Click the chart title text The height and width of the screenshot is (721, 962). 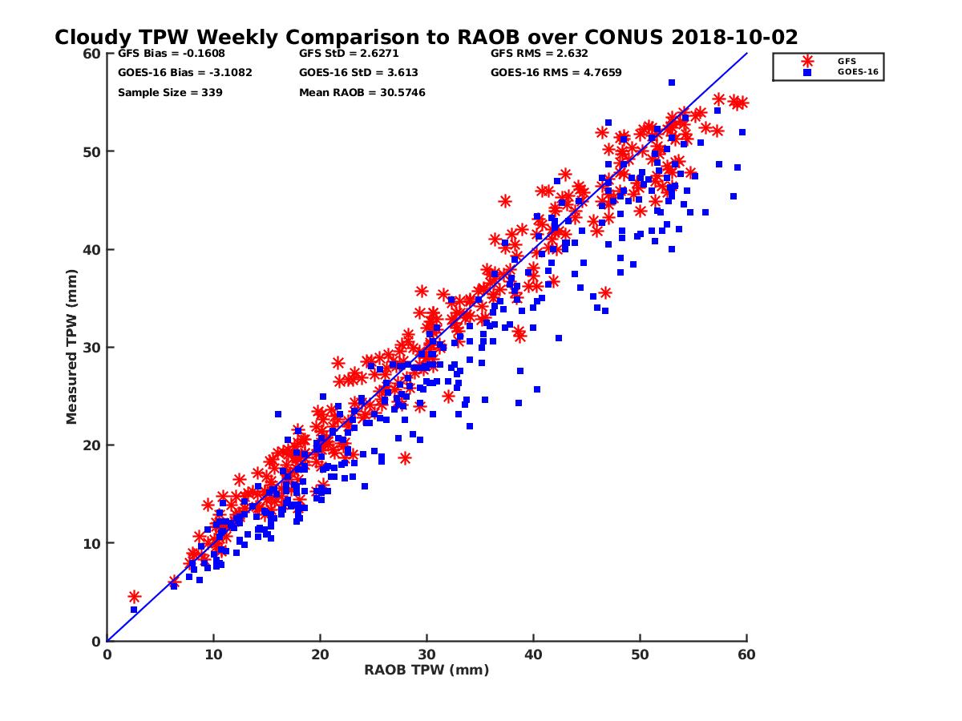[426, 38]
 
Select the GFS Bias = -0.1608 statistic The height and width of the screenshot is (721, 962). [171, 54]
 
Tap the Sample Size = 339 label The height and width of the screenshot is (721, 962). [170, 92]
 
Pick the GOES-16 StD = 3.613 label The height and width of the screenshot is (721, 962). [358, 72]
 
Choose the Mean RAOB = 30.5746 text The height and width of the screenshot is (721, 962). [362, 92]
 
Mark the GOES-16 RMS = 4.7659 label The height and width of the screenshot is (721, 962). [556, 72]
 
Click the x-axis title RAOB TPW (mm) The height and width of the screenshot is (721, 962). [426, 670]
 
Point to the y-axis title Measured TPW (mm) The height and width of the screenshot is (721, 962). [72, 347]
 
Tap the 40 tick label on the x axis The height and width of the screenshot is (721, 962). [534, 655]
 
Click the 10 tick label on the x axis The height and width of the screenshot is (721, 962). [213, 655]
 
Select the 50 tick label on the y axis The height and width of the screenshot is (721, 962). [90, 151]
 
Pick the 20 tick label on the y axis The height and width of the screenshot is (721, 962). [90, 445]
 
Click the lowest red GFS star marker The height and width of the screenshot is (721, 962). [134, 597]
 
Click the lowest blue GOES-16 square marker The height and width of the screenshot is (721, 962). [134, 610]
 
